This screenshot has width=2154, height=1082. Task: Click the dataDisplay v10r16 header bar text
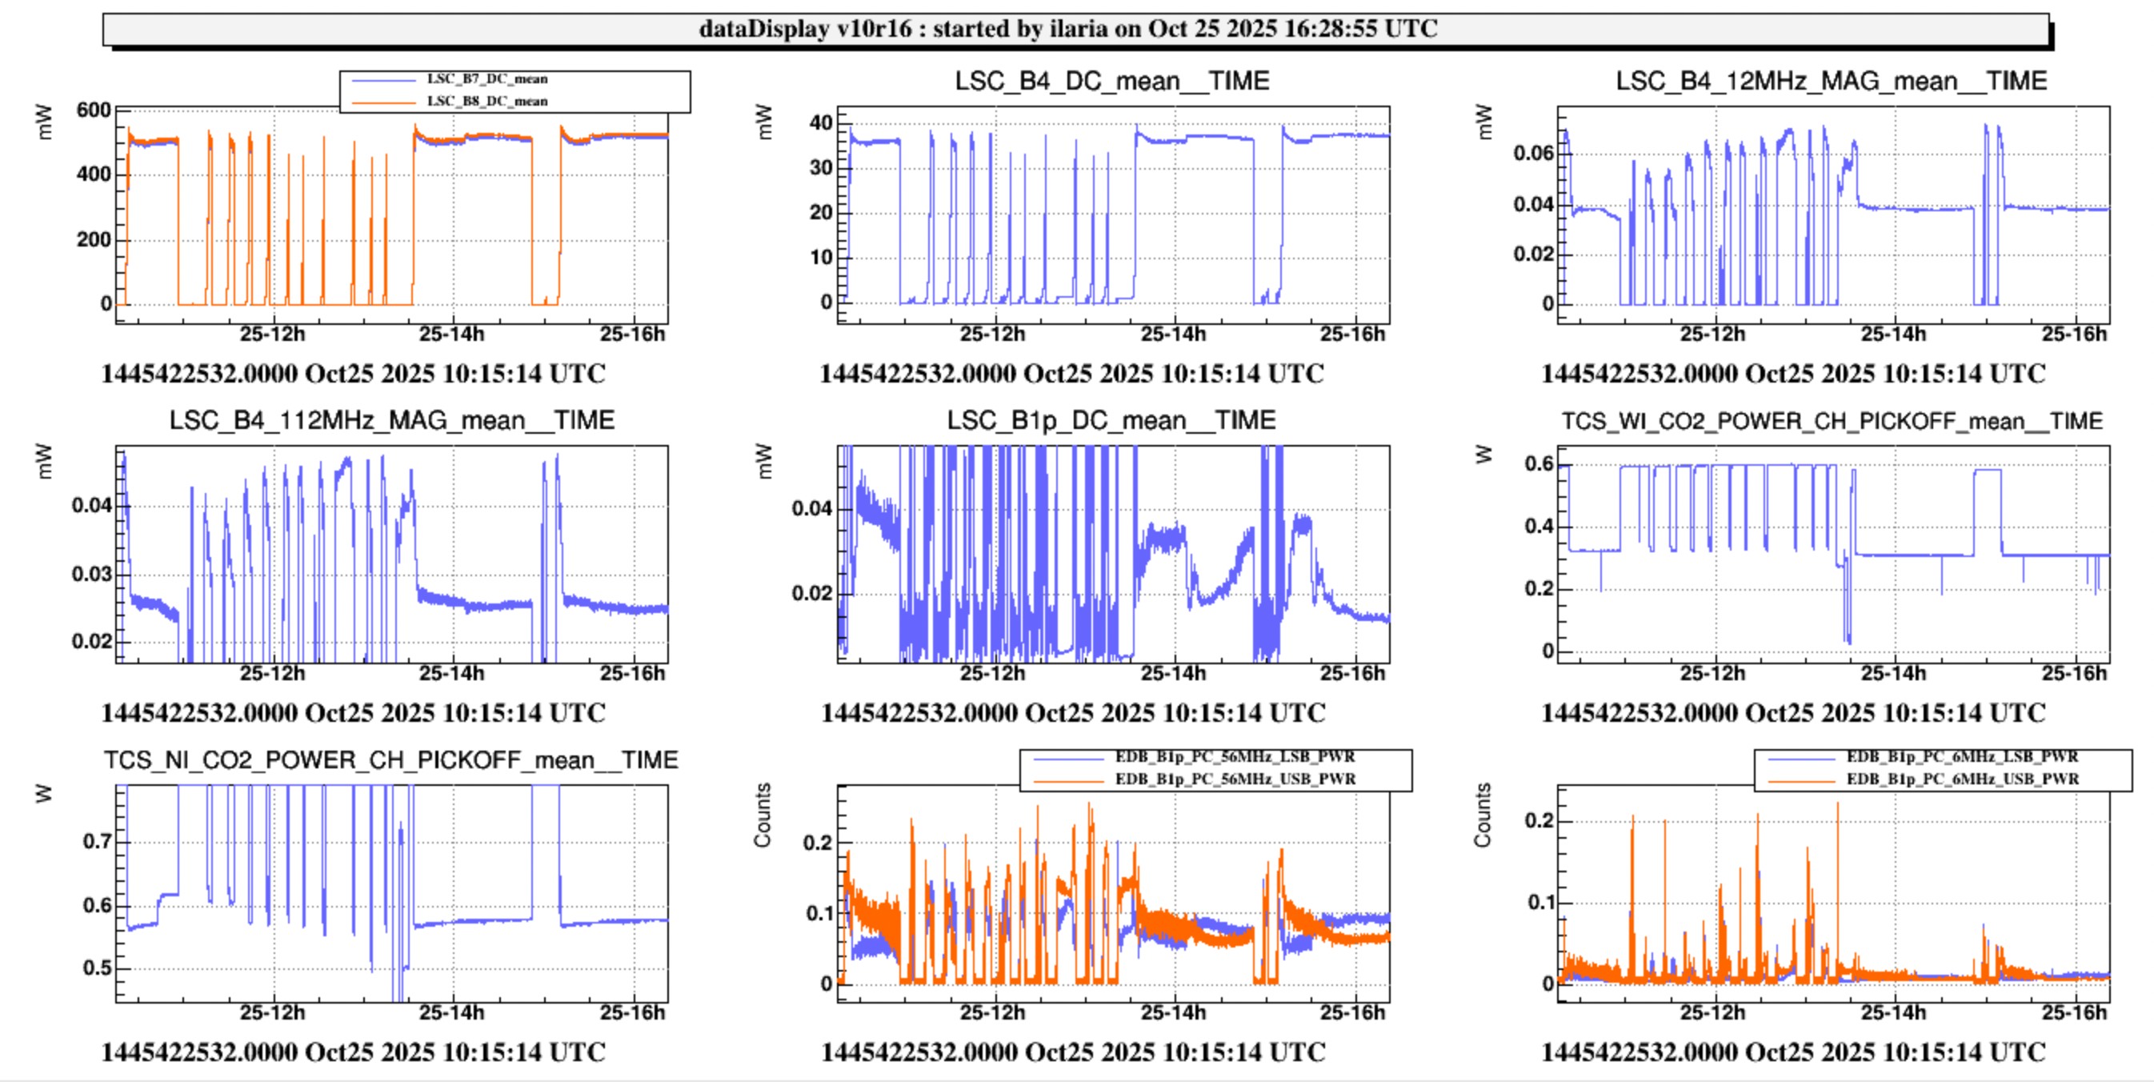[x=1068, y=29]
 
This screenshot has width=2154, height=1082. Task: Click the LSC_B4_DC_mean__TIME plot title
[x=1111, y=81]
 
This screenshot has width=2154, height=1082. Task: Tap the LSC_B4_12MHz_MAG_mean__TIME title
[x=1831, y=81]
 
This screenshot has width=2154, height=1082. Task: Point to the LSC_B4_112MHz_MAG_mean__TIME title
[x=391, y=420]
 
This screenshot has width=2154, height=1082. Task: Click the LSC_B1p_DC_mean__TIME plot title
[x=1111, y=420]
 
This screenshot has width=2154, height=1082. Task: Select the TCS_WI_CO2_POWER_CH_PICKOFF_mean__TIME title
[x=1832, y=421]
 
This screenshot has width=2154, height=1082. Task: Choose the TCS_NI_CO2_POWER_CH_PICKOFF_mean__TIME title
[x=390, y=760]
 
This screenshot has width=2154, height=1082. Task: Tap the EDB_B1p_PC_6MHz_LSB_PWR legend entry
[x=1962, y=757]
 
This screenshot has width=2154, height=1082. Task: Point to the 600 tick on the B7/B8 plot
[x=93, y=110]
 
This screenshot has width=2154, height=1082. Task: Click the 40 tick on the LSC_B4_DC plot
[x=820, y=123]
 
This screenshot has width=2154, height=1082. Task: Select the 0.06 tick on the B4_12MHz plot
[x=1533, y=153]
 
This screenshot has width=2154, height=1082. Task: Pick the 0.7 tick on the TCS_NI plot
[x=97, y=841]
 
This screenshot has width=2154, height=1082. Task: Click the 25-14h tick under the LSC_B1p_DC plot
[x=1172, y=673]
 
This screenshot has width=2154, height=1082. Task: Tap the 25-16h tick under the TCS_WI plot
[x=2073, y=673]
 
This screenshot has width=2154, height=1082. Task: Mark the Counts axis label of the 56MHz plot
[x=762, y=816]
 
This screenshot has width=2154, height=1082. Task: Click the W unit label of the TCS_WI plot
[x=1483, y=454]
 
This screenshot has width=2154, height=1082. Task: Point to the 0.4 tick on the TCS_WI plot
[x=1539, y=527]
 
